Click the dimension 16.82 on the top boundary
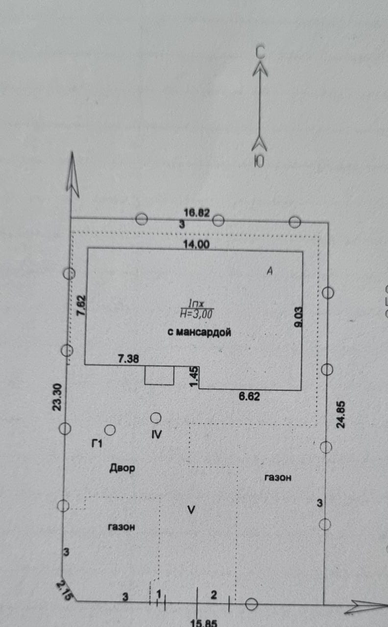[x=197, y=213]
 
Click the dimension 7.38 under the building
[x=128, y=359]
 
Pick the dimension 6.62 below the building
[x=249, y=397]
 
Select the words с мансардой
[x=199, y=333]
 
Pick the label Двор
[x=121, y=468]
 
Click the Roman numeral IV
[x=157, y=434]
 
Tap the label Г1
[x=97, y=444]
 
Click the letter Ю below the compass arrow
[x=259, y=161]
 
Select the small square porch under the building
[x=159, y=375]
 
